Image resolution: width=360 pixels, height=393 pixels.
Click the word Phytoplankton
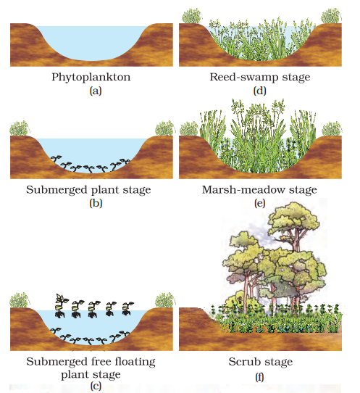click(x=91, y=77)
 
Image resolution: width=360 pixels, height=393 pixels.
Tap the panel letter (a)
click(x=96, y=91)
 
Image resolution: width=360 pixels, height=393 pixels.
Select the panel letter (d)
click(x=260, y=91)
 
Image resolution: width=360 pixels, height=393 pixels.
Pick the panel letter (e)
click(x=259, y=203)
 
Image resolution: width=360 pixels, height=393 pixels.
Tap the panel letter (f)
click(x=259, y=377)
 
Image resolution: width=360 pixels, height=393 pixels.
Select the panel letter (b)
click(x=96, y=203)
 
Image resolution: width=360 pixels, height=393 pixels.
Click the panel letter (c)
click(x=96, y=386)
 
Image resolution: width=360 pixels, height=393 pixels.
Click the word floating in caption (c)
click(x=135, y=362)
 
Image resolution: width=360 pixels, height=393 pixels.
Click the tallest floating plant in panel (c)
click(x=61, y=305)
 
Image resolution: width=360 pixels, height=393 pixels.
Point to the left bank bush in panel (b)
click(x=20, y=128)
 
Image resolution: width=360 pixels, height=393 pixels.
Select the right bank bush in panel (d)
click(x=331, y=16)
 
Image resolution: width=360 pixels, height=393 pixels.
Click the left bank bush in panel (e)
click(x=189, y=129)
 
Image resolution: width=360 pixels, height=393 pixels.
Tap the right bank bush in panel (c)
click(x=164, y=300)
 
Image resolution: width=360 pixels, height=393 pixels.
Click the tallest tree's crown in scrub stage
click(x=293, y=219)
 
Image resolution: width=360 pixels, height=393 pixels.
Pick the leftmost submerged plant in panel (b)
click(x=56, y=159)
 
